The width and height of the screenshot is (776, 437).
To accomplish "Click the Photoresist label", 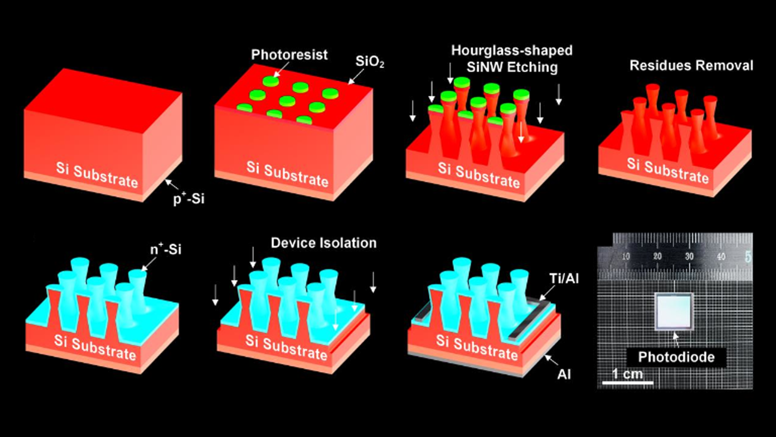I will (289, 55).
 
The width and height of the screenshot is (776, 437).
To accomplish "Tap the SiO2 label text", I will (370, 62).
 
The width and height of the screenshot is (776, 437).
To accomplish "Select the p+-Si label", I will (189, 199).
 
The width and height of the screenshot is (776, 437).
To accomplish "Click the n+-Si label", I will (166, 249).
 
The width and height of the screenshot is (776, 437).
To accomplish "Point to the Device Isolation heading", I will (324, 243).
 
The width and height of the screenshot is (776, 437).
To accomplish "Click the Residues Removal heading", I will (691, 66).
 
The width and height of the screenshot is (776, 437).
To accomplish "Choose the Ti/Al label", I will (564, 278).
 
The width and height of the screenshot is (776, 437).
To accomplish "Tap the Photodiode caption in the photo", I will (676, 357).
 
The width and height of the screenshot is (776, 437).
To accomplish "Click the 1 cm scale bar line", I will (628, 382).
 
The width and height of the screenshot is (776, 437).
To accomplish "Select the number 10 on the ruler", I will (626, 256).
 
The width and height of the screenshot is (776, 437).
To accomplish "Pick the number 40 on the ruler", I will (721, 256).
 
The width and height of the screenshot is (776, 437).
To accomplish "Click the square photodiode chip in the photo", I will (673, 311).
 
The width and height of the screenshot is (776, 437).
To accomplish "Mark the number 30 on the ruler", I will (689, 256).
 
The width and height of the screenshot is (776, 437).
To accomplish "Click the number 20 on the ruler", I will (657, 256).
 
